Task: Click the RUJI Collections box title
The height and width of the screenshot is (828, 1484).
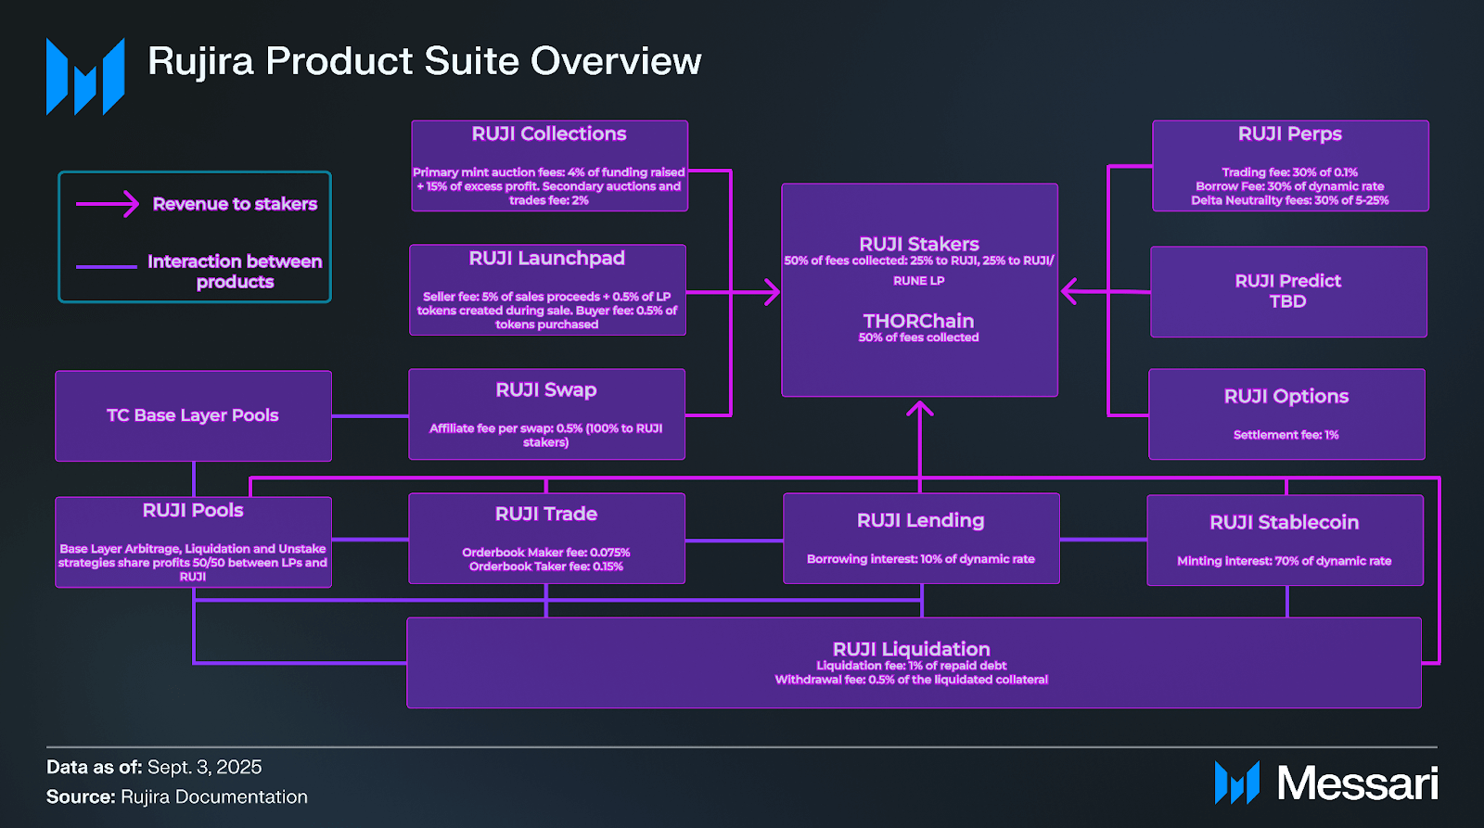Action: point(549,134)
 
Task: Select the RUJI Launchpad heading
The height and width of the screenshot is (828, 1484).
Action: point(546,259)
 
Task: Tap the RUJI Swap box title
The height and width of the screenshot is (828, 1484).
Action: point(546,390)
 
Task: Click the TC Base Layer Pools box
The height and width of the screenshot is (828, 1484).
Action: point(193,415)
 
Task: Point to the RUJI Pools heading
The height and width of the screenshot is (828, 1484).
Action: point(193,511)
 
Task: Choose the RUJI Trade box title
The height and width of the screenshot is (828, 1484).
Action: point(546,515)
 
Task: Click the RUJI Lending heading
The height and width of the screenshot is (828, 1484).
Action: point(920,521)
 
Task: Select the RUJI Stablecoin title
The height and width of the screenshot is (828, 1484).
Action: point(1284,523)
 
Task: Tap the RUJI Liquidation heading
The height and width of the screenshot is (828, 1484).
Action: point(911,649)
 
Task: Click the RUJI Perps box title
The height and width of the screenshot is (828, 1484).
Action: point(1289,134)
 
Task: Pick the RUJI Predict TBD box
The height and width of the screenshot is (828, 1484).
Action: point(1287,291)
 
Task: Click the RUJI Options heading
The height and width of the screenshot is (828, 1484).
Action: point(1286,397)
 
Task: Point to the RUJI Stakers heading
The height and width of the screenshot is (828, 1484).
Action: point(918,245)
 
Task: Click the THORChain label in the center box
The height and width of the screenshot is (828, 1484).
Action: point(918,322)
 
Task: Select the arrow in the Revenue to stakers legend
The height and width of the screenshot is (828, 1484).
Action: point(108,204)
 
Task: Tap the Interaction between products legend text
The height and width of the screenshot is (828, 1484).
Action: point(235,272)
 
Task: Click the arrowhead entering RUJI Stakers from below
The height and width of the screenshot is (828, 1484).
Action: point(919,408)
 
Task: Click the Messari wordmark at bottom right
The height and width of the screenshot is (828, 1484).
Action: point(1357,783)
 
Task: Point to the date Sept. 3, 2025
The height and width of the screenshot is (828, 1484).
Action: point(204,768)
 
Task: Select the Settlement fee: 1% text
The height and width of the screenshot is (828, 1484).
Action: point(1286,435)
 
